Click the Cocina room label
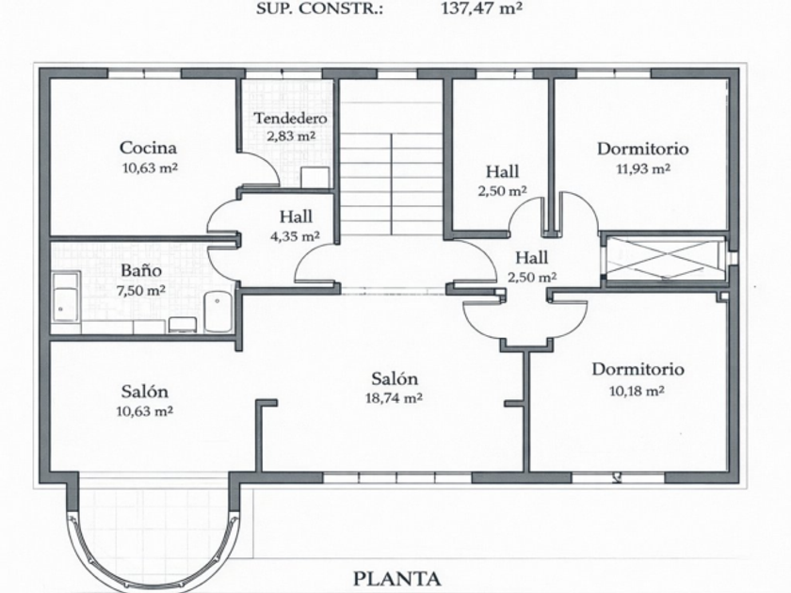coord(148,148)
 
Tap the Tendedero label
coord(290,120)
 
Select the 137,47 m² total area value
coord(481,9)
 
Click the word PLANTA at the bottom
coord(397,578)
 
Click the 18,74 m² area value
coord(395,398)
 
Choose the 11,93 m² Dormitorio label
coord(642,149)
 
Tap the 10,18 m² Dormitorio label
coord(638,369)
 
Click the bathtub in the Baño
coord(66,296)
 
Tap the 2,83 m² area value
coord(290,136)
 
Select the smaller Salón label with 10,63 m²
coord(144,393)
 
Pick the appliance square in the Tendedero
coord(315,178)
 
